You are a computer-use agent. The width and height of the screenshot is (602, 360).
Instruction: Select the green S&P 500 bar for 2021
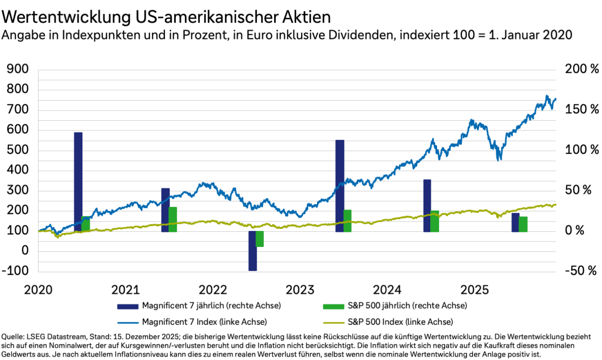(172, 219)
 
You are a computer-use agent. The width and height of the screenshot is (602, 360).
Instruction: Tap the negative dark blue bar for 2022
(252, 250)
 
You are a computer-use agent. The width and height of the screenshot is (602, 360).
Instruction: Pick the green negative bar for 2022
(260, 239)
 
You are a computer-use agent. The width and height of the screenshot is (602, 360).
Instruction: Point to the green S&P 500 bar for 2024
(435, 221)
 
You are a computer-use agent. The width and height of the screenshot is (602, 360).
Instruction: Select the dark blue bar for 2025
(515, 223)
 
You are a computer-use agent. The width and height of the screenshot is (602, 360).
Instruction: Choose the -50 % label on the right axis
(581, 271)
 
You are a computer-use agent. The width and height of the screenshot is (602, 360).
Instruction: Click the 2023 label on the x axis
(301, 290)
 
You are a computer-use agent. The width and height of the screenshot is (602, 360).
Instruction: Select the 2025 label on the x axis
(476, 290)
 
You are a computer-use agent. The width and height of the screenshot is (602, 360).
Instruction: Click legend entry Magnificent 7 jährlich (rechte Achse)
(211, 306)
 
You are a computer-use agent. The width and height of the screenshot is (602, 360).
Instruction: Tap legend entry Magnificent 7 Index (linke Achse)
(204, 322)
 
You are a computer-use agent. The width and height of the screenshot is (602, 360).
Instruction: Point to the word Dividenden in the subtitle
(361, 35)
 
